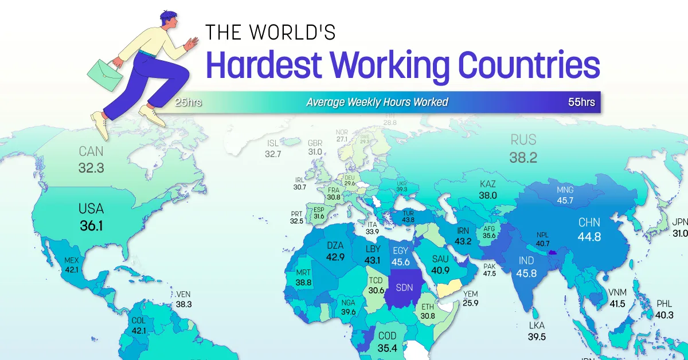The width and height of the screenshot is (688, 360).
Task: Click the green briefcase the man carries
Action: click(104, 71)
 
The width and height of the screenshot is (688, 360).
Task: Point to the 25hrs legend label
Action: click(189, 103)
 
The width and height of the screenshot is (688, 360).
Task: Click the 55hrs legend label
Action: click(581, 103)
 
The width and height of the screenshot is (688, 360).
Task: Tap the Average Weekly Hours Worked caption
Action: click(377, 103)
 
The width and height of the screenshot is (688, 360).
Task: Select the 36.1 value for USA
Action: click(91, 226)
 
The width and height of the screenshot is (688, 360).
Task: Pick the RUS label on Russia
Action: click(523, 140)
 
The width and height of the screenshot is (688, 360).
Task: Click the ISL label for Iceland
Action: click(272, 143)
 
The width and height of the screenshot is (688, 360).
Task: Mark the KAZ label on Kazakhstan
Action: click(488, 184)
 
